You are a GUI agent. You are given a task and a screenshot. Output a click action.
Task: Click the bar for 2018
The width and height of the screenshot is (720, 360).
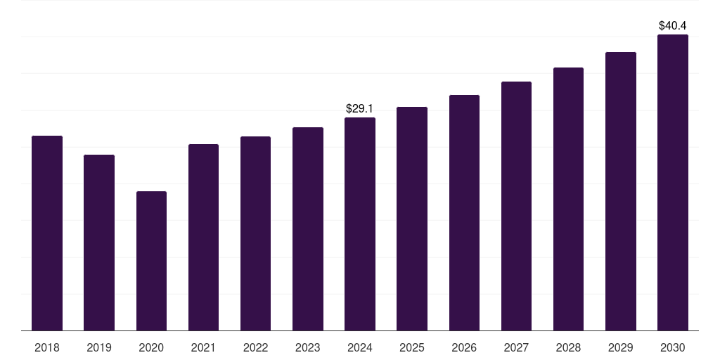pyautogui.click(x=47, y=233)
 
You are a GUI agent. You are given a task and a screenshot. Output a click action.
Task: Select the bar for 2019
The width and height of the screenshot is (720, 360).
pyautogui.click(x=99, y=243)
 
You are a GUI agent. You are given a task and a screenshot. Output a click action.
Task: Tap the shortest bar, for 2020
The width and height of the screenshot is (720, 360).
pyautogui.click(x=151, y=261)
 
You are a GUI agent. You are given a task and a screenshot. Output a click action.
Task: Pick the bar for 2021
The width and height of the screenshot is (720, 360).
pyautogui.click(x=203, y=237)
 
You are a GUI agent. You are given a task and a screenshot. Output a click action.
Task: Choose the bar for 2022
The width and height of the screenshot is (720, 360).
pyautogui.click(x=255, y=233)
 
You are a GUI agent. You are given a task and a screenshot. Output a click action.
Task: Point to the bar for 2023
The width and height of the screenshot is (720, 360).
pyautogui.click(x=308, y=229)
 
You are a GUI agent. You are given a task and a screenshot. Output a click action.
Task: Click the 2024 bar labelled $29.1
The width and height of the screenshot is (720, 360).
pyautogui.click(x=360, y=224)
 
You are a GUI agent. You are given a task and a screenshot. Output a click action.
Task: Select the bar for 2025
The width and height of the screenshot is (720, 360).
pyautogui.click(x=412, y=219)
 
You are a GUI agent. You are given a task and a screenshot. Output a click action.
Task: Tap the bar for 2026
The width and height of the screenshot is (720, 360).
pyautogui.click(x=464, y=212)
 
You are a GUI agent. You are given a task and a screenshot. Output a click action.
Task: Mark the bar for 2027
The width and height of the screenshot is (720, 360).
pyautogui.click(x=516, y=206)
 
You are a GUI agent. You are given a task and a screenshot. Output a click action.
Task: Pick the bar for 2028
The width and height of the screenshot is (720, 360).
pyautogui.click(x=568, y=199)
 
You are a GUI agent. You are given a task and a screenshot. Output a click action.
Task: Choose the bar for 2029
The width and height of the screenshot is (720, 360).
pyautogui.click(x=621, y=191)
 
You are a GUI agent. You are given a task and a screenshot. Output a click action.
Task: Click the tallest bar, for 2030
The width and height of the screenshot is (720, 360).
pyautogui.click(x=673, y=182)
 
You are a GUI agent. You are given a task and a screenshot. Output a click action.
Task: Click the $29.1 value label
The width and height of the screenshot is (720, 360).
pyautogui.click(x=360, y=109)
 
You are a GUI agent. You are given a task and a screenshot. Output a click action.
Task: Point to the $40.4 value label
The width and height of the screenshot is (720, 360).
pyautogui.click(x=673, y=26)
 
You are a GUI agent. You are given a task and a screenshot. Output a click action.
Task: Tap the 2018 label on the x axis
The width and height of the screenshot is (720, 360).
pyautogui.click(x=47, y=347)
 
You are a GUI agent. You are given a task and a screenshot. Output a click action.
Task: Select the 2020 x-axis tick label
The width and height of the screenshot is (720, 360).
pyautogui.click(x=151, y=347)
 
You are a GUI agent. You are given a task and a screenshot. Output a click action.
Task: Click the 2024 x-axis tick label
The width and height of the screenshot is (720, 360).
pyautogui.click(x=360, y=347)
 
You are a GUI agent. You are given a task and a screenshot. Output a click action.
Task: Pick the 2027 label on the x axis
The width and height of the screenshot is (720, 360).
pyautogui.click(x=516, y=347)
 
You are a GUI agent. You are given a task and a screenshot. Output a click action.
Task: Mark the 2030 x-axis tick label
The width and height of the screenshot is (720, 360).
pyautogui.click(x=673, y=347)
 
